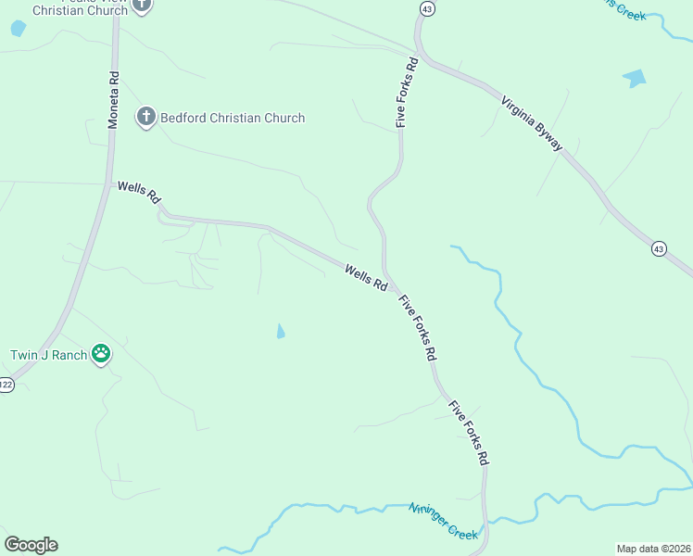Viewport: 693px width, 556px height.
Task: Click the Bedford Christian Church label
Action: point(233,118)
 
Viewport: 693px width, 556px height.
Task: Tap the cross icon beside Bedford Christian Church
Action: point(145,118)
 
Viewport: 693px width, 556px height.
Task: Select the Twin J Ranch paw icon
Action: point(101,354)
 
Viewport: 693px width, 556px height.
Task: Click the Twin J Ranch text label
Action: point(48,354)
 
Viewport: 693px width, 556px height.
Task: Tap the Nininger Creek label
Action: point(444,521)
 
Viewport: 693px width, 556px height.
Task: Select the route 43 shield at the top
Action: point(426,8)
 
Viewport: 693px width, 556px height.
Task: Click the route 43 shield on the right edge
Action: point(658,248)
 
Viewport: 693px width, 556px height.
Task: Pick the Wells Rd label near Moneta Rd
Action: point(139,193)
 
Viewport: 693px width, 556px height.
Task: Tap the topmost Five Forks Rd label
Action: point(407,92)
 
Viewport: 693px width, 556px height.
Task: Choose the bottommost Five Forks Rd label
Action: point(469,432)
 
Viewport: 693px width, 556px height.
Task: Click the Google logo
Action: point(31,545)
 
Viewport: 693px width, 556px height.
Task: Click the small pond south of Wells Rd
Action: point(281,331)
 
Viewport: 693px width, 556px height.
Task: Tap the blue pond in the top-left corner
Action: point(18,28)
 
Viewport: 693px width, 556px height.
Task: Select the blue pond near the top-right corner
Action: point(636,78)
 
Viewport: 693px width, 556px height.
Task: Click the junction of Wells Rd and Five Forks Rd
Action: point(389,281)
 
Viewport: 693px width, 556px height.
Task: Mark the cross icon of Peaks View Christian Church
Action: point(142,5)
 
